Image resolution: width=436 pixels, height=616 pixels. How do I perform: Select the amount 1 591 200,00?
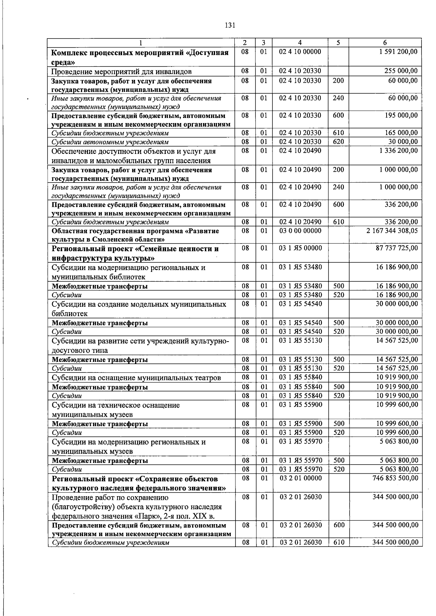coord(398,52)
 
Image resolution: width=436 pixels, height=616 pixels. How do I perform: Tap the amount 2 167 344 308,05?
coord(392,231)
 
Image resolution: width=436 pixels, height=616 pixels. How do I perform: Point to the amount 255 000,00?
coord(401,71)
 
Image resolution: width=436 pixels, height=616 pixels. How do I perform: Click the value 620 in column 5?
coord(338,142)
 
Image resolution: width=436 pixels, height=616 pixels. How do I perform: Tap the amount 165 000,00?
coord(401,133)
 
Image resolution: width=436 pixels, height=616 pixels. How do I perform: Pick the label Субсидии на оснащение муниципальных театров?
coord(136,378)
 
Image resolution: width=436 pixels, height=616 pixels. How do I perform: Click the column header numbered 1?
coord(141,42)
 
